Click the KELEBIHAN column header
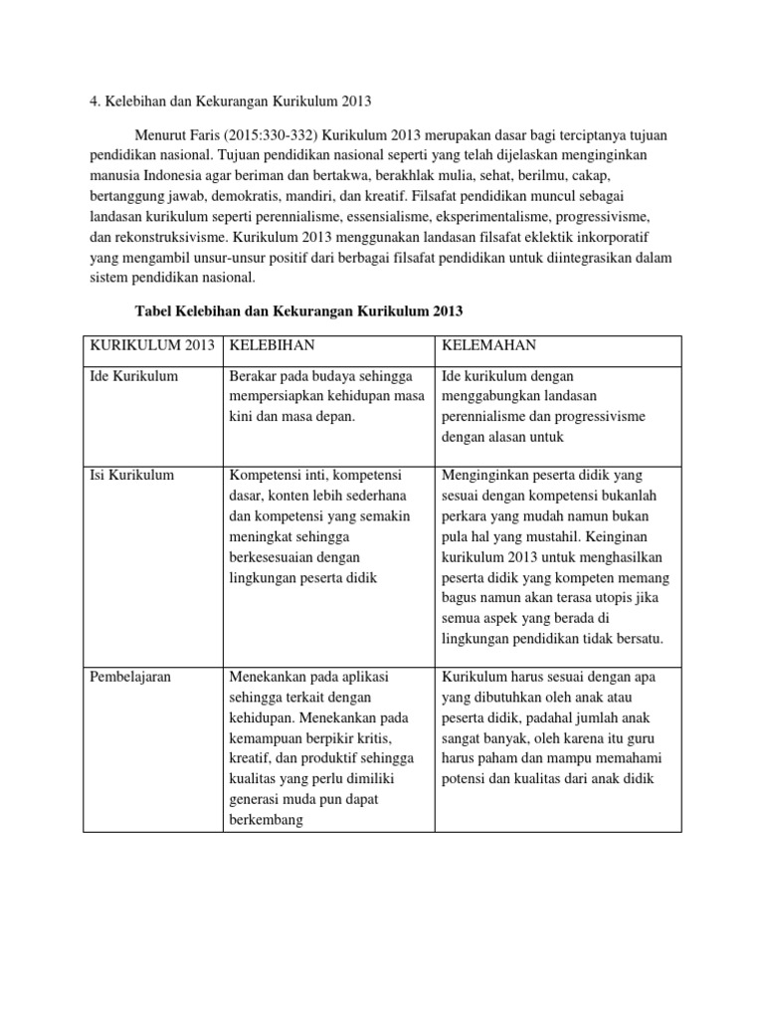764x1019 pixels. (x=272, y=344)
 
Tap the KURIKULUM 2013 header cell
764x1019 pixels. (x=151, y=344)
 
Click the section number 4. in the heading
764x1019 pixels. (x=95, y=100)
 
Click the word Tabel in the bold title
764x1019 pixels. (x=153, y=311)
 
